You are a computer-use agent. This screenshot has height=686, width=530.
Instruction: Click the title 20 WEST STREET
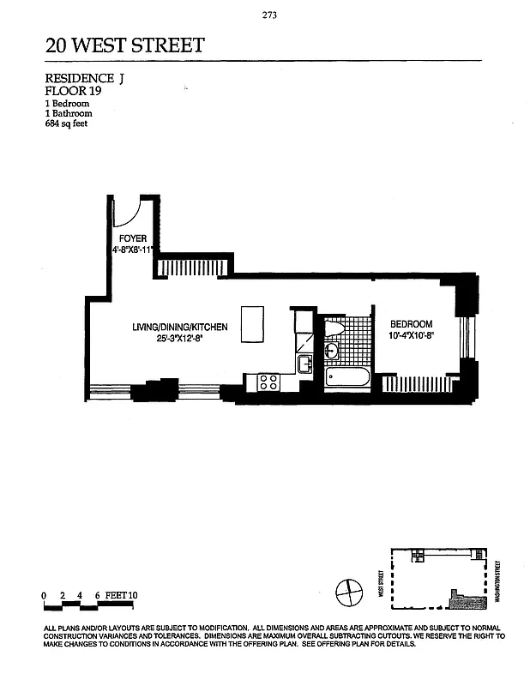tap(124, 45)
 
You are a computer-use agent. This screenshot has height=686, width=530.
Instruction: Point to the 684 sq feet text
tap(65, 123)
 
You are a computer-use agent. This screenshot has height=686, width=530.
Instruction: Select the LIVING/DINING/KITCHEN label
tap(179, 327)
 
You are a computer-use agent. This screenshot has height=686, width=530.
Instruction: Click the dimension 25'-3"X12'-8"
tap(179, 339)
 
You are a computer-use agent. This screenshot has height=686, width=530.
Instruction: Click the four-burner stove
tap(267, 382)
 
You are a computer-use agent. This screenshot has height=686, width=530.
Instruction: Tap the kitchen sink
tap(304, 364)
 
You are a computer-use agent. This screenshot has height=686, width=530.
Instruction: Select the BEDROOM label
tap(411, 323)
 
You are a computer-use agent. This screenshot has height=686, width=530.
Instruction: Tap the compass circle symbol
tap(350, 592)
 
